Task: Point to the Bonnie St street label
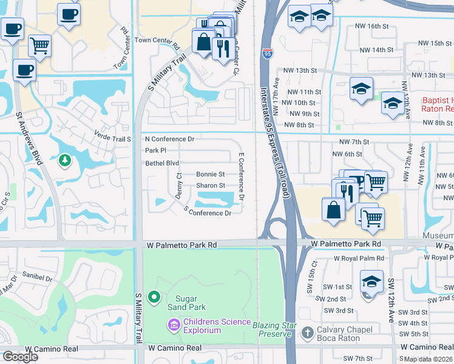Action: [x=210, y=174]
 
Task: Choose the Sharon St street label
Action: [x=210, y=186]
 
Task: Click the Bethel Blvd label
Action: [x=162, y=163]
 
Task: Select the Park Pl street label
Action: [x=155, y=150]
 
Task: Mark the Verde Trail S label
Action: [x=112, y=139]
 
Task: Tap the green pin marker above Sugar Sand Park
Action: [x=154, y=297]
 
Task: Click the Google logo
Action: [x=20, y=357]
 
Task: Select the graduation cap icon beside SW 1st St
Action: [x=371, y=281]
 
